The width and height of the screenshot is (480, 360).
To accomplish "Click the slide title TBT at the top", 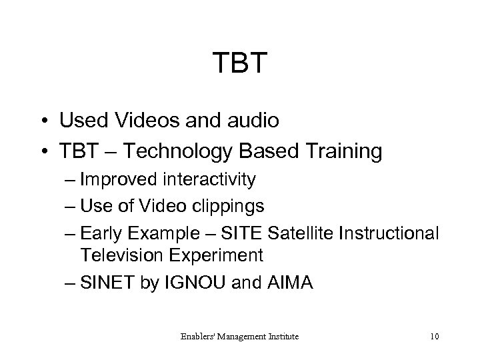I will (240, 64).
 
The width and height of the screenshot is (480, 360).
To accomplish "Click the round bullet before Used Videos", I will (43, 122).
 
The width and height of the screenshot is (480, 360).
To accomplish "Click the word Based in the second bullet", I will (273, 151).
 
